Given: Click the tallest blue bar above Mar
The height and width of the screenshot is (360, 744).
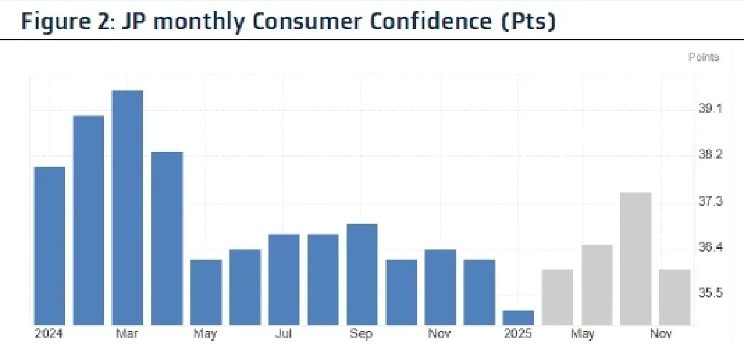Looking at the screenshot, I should [127, 208].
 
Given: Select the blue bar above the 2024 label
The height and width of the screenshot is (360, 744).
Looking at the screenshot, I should [50, 246].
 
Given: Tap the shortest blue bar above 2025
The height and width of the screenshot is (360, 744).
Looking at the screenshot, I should [518, 318].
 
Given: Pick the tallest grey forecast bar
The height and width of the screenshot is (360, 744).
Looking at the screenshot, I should [636, 259].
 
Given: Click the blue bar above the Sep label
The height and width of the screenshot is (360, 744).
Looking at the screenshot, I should [362, 274].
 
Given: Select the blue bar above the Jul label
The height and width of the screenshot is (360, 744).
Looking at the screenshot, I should [284, 279].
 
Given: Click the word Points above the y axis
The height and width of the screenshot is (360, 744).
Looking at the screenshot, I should [704, 58].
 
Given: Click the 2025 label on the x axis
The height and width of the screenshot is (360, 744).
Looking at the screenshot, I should [518, 334].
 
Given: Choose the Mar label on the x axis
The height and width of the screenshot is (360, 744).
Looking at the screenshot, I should [127, 334].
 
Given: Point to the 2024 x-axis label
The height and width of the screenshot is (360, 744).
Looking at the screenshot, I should [50, 334].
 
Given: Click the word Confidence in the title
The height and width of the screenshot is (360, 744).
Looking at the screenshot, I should [422, 21].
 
